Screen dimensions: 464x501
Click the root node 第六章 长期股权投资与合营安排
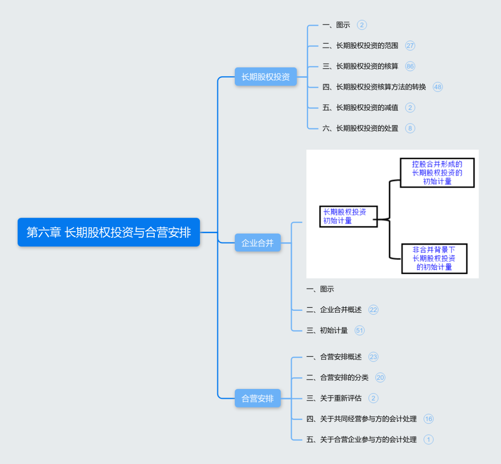pyautogui.click(x=109, y=232)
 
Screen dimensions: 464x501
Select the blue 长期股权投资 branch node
pyautogui.click(x=265, y=77)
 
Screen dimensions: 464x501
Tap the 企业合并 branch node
pyautogui.click(x=258, y=243)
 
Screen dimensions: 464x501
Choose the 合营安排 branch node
pyautogui.click(x=258, y=398)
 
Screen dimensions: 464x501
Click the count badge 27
pyautogui.click(x=410, y=46)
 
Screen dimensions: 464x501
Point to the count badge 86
pyautogui.click(x=410, y=67)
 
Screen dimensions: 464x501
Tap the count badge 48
pyautogui.click(x=438, y=87)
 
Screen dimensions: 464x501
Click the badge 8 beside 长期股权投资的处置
pyautogui.click(x=410, y=128)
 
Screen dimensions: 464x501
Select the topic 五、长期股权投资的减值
pyautogui.click(x=360, y=107)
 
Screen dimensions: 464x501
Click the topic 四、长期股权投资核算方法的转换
pyautogui.click(x=374, y=87)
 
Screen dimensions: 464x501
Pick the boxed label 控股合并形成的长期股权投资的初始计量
pyautogui.click(x=437, y=173)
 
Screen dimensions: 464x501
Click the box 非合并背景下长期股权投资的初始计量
pyautogui.click(x=434, y=259)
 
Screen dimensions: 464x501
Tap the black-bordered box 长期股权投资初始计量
pyautogui.click(x=348, y=217)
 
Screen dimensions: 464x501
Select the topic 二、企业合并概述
pyautogui.click(x=334, y=310)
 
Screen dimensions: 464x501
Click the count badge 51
pyautogui.click(x=359, y=331)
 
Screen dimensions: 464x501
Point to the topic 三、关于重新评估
pyautogui.click(x=334, y=398)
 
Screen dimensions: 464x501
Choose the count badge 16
pyautogui.click(x=428, y=419)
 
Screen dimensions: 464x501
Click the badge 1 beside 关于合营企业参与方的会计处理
pyautogui.click(x=428, y=440)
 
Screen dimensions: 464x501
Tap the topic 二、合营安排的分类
pyautogui.click(x=337, y=378)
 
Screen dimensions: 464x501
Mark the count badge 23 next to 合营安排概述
pyautogui.click(x=373, y=357)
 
